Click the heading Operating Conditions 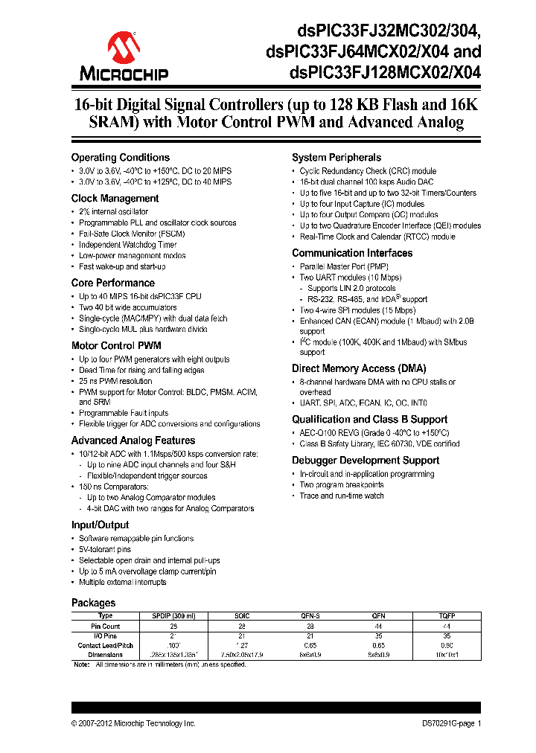120,158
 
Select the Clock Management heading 115,199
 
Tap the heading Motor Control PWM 115,346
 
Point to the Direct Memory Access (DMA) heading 354,369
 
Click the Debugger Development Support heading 365,461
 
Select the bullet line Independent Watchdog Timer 128,245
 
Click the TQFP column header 446,616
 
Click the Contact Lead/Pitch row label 105,645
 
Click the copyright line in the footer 133,723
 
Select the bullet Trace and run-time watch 342,496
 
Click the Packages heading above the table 93,603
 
